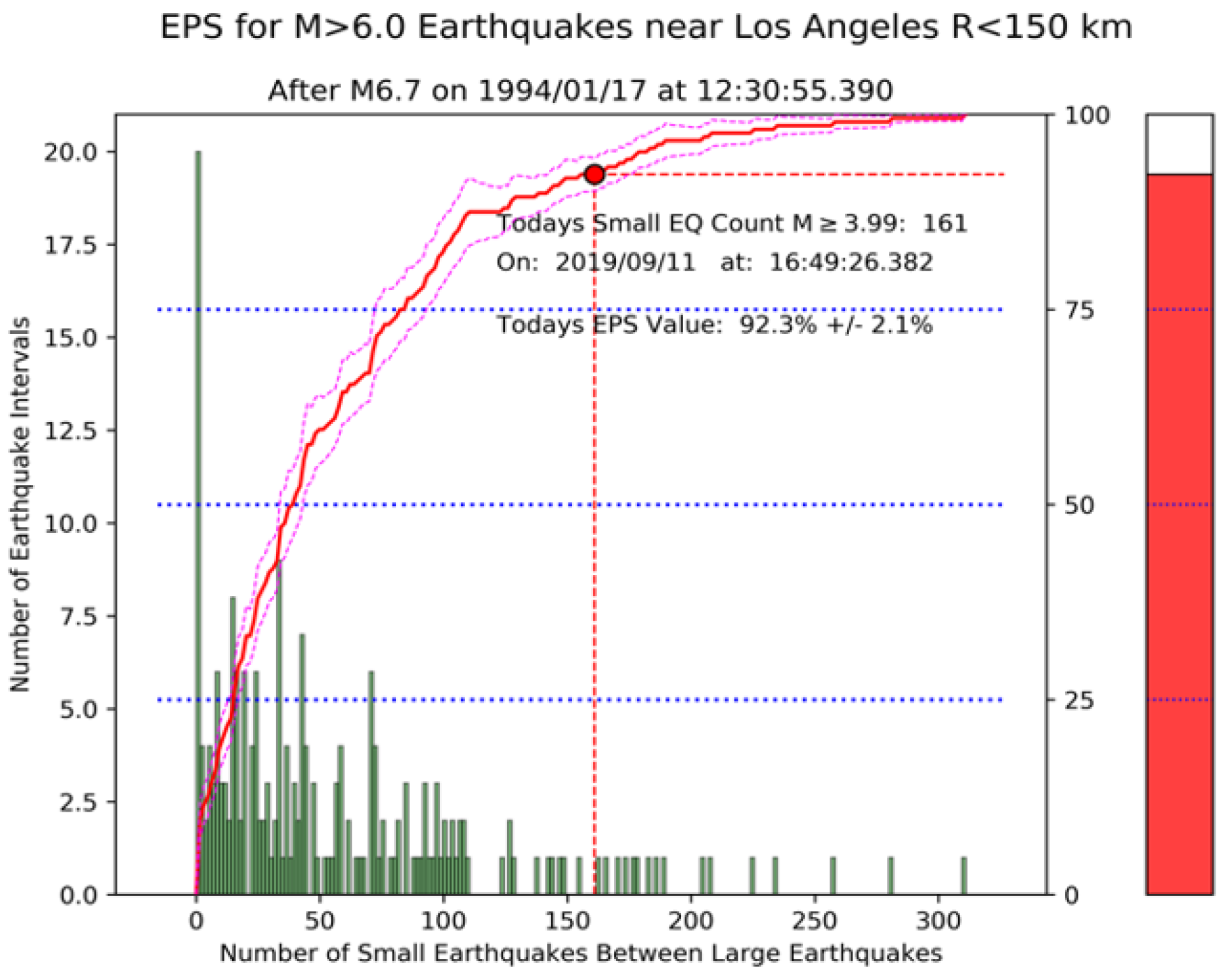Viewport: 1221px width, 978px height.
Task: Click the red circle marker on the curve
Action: pos(594,174)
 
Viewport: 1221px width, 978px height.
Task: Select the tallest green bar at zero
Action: pos(198,521)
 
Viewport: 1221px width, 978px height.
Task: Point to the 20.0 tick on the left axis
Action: pos(71,152)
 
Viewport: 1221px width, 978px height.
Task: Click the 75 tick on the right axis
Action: pos(1079,310)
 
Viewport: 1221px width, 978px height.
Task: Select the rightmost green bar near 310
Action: pos(964,876)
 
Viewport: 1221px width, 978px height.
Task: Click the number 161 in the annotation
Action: pos(945,224)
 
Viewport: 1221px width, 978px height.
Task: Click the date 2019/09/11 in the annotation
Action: pos(625,262)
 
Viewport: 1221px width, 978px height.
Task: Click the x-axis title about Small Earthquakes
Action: pos(581,954)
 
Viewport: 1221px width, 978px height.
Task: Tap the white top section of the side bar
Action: pos(1179,144)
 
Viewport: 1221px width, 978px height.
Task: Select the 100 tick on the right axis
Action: pos(1086,116)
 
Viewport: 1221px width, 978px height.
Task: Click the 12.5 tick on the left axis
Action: pos(71,431)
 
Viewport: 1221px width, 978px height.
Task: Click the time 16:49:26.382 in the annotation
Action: pos(851,262)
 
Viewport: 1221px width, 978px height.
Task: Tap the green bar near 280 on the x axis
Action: pos(890,876)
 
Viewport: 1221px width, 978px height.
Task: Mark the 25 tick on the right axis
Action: pos(1079,701)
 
